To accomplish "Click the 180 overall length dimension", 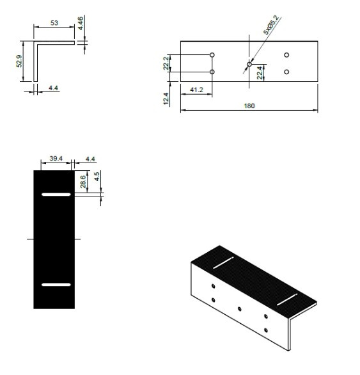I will (x=249, y=106).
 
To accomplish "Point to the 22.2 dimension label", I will (x=166, y=63).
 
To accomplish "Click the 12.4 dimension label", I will (x=166, y=99).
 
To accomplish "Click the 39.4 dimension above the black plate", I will (x=56, y=159).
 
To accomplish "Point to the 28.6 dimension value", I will (x=83, y=180).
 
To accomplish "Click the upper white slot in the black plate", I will (x=56, y=194).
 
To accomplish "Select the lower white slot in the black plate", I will (x=56, y=283).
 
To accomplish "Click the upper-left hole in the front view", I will (x=212, y=55).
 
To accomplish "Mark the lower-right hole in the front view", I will (x=286, y=72).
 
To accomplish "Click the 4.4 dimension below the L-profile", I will (x=54, y=88).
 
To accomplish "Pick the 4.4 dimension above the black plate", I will (x=89, y=159).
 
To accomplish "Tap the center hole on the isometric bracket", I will (x=240, y=308).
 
